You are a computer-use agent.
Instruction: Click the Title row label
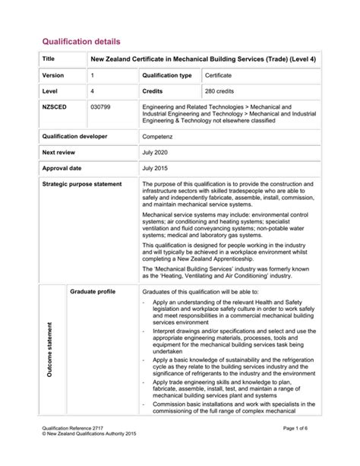(49, 59)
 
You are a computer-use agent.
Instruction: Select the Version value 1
(93, 76)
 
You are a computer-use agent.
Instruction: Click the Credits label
(154, 90)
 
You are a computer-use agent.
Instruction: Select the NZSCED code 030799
(101, 107)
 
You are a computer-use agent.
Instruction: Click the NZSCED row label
(55, 107)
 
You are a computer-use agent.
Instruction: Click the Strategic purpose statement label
(82, 185)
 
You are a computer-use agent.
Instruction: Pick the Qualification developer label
(74, 136)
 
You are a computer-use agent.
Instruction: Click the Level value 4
(93, 90)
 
